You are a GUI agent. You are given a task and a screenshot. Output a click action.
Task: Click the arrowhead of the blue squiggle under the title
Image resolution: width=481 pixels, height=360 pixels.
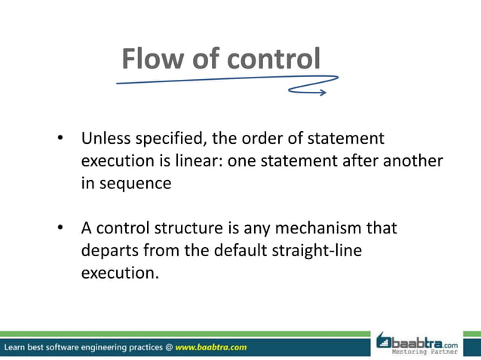[322, 93]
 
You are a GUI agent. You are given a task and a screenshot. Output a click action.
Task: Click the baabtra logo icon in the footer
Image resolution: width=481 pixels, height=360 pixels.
[385, 341]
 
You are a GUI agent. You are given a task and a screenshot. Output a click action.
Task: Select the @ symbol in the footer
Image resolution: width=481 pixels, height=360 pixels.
[169, 348]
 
